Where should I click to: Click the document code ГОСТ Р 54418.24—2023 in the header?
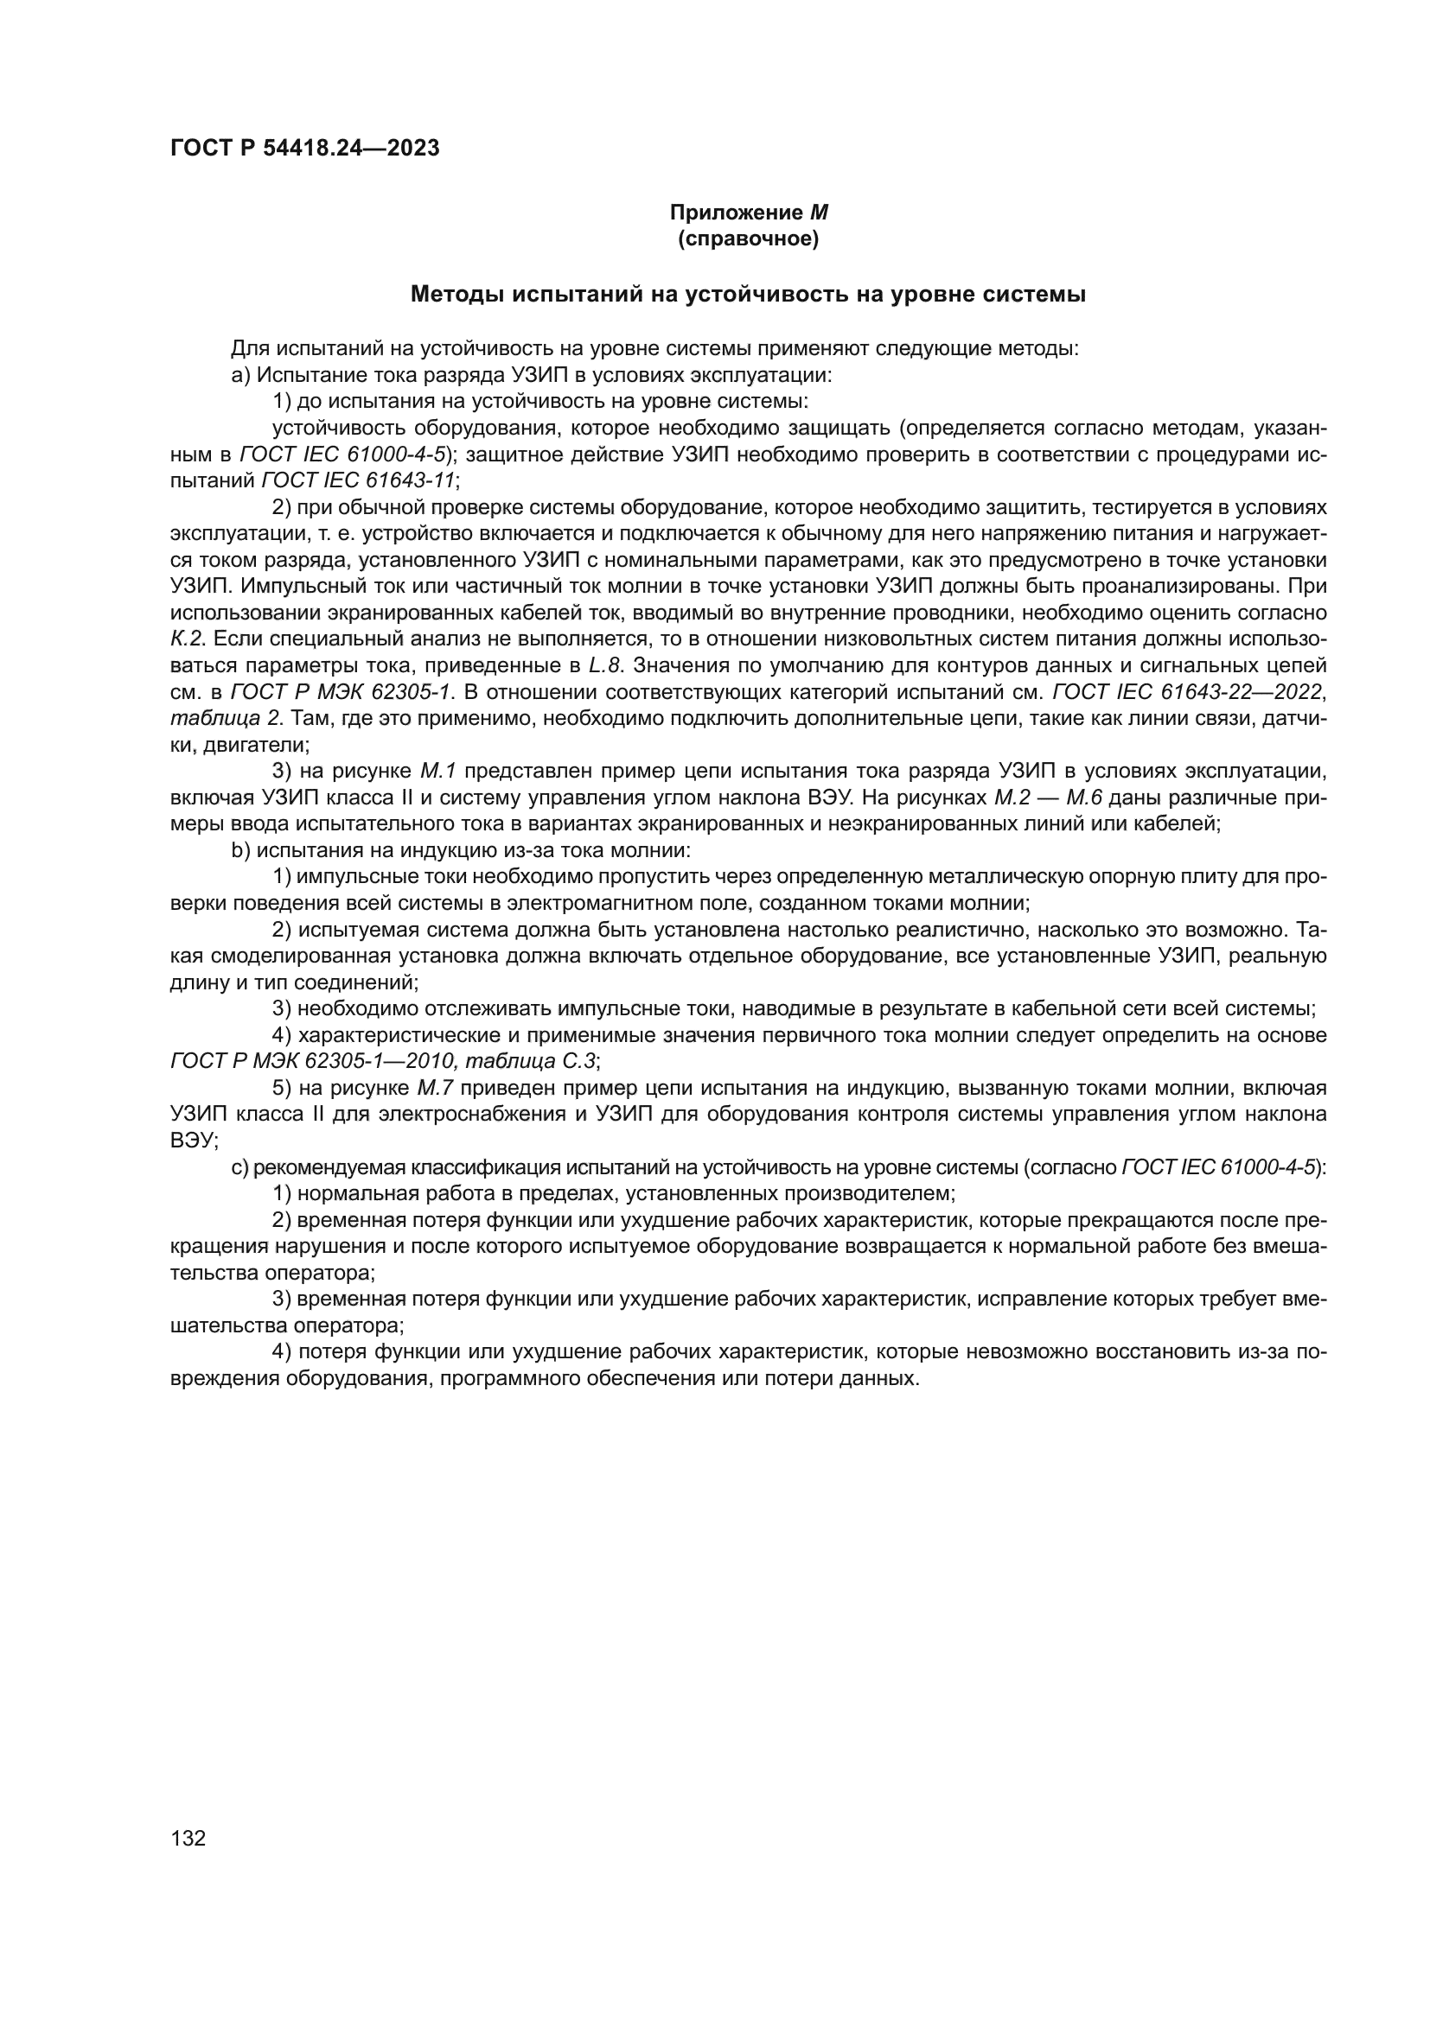(304, 149)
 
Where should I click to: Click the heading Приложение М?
(749, 213)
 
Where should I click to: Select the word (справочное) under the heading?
(749, 239)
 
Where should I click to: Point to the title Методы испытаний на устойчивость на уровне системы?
(749, 295)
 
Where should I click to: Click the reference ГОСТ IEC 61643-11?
(359, 480)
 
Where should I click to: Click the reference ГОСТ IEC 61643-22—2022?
(1188, 692)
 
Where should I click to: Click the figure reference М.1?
(437, 771)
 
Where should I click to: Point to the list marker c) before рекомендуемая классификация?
(239, 1167)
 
